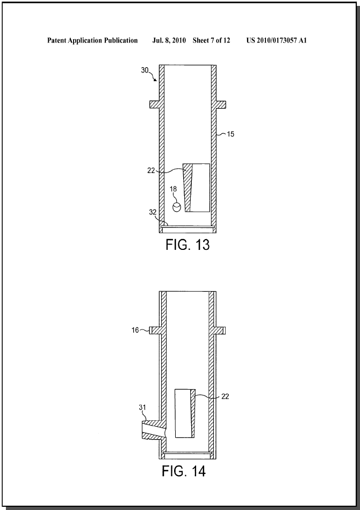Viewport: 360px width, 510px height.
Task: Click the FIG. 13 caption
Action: tap(188, 245)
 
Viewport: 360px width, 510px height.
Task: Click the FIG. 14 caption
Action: tap(184, 471)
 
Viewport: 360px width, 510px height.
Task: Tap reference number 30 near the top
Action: tap(145, 70)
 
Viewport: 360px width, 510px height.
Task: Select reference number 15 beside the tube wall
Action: tap(231, 134)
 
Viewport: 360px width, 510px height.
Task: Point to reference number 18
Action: tap(173, 189)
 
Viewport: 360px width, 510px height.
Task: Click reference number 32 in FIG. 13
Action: tap(153, 212)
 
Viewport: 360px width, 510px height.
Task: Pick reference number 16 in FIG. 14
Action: tap(135, 330)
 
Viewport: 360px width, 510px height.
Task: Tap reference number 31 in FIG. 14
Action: tap(143, 407)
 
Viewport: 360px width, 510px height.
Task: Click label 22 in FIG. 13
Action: tap(151, 170)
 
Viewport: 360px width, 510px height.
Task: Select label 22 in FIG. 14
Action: tap(225, 396)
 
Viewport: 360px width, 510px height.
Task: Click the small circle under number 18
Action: tap(176, 207)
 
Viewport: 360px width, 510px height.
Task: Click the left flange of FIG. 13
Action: tap(154, 104)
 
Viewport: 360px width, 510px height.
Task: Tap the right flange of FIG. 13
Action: tap(221, 104)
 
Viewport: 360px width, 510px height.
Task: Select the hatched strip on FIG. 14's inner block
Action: tap(193, 413)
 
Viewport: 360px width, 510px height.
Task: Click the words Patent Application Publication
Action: tap(92, 40)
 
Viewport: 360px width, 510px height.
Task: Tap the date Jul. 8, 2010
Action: tap(169, 40)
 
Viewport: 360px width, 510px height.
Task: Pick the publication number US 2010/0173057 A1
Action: tap(276, 40)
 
